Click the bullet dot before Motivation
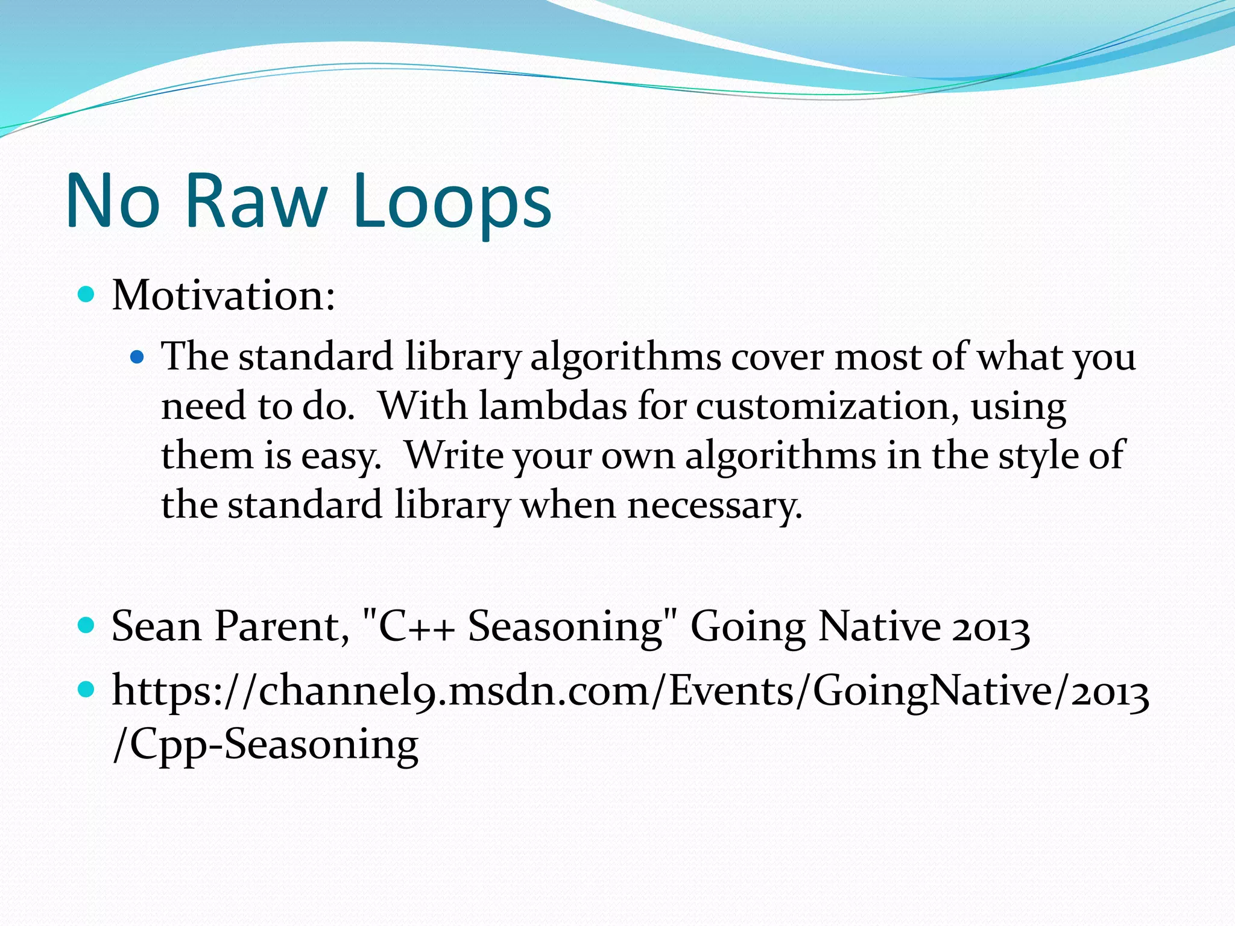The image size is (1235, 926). [87, 295]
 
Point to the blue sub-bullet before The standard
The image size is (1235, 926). [138, 357]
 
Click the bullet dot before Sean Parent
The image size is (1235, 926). [87, 626]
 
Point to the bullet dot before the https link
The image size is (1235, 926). [87, 689]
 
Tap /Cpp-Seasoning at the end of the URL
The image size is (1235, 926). [265, 744]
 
